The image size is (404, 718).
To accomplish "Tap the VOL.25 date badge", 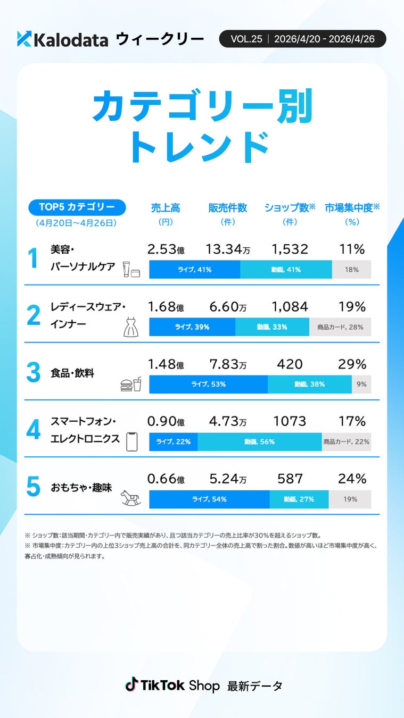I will [302, 39].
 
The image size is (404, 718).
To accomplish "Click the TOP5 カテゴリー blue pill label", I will [77, 207].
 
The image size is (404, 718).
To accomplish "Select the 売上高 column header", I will [166, 208].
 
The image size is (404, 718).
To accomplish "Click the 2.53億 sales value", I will [166, 249].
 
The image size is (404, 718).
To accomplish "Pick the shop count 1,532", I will [290, 249].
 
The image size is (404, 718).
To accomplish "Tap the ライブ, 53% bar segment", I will [208, 384].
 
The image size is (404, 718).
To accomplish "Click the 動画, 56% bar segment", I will [259, 441].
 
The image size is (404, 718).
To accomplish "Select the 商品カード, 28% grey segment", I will [340, 327].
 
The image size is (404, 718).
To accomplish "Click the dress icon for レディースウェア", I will [131, 327].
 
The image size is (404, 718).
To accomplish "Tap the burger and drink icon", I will [131, 384].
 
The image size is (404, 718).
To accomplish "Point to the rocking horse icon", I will [131, 497].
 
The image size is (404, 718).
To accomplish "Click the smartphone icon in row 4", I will [131, 441].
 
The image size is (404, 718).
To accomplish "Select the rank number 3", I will [33, 373].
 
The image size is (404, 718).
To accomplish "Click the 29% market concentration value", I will [352, 364].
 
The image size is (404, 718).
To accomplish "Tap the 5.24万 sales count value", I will [228, 479].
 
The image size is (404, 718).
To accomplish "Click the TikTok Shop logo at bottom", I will [172, 685].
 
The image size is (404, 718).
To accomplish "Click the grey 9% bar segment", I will [361, 384].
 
